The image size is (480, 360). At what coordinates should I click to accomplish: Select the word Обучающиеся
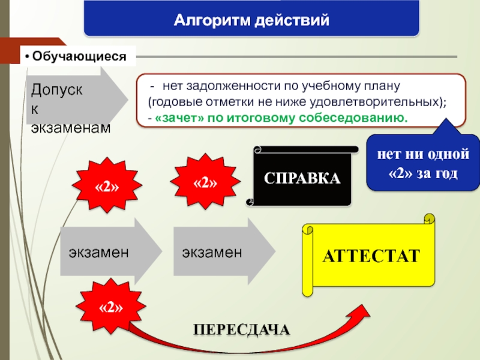tap(80, 57)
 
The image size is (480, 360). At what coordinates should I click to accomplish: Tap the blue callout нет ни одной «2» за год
tap(423, 163)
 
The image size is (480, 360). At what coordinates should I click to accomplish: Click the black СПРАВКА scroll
tap(302, 178)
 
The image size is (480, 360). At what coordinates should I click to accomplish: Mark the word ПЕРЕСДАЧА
tap(241, 329)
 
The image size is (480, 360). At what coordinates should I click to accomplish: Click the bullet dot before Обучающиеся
tap(28, 57)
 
